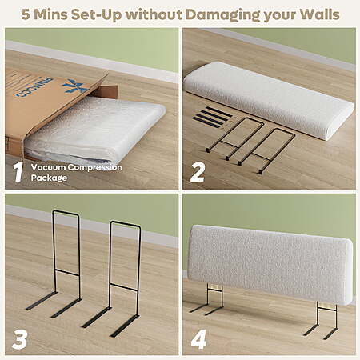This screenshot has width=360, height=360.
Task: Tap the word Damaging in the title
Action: [x=222, y=15]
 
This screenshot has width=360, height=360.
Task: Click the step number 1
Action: [x=18, y=172]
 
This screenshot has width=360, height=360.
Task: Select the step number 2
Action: [x=198, y=172]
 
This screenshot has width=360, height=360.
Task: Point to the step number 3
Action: [x=19, y=339]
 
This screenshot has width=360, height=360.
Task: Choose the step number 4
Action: [x=198, y=339]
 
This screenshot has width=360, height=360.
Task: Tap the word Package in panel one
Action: [x=49, y=178]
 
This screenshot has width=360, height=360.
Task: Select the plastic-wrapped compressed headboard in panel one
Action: [x=94, y=130]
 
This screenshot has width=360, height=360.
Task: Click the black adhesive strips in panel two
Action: [x=213, y=115]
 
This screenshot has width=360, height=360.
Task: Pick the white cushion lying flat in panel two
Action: [x=269, y=99]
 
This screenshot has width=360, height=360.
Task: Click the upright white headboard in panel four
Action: [x=270, y=263]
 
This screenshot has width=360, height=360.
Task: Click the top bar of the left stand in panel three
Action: [x=66, y=212]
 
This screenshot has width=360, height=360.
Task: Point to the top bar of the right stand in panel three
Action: [x=126, y=223]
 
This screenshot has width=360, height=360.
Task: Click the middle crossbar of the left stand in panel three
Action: [x=67, y=273]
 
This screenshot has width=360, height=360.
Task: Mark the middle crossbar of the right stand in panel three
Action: [x=124, y=287]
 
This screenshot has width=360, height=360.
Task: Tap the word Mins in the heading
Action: [x=50, y=14]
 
